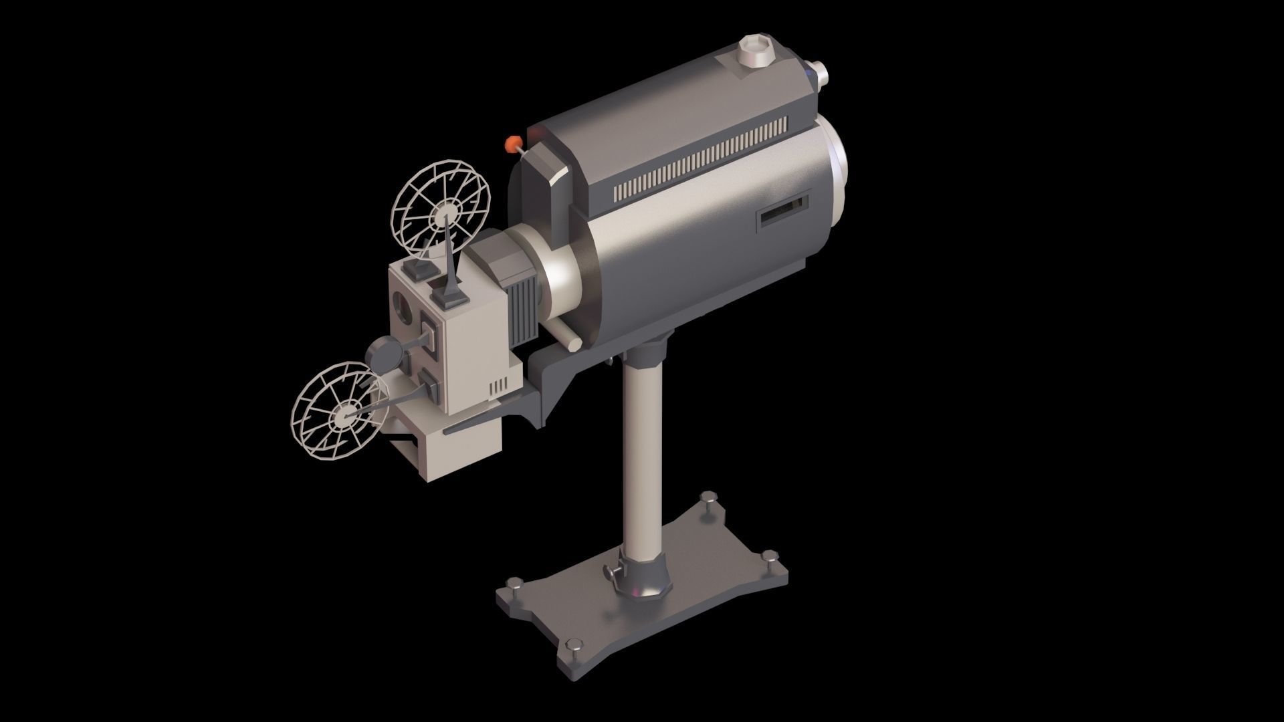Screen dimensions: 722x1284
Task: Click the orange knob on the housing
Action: pyautogui.click(x=513, y=143)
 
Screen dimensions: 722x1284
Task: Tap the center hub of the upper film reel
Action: pyautogui.click(x=442, y=216)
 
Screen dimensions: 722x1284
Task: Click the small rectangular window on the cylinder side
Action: pyautogui.click(x=783, y=213)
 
